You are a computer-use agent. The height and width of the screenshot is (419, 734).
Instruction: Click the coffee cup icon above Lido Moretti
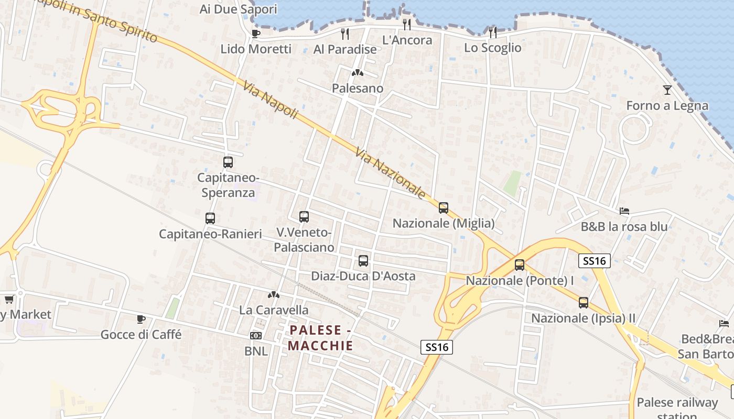pos(255,34)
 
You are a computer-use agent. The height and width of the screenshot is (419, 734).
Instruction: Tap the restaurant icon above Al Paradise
pos(345,34)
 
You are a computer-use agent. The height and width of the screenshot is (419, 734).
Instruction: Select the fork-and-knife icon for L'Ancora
pos(407,24)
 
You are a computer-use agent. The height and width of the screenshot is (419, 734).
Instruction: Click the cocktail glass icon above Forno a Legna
pos(667,90)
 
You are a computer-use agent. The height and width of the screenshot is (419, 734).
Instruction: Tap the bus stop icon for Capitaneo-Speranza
pos(228,162)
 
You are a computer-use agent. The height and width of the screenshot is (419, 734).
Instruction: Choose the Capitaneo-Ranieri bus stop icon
pos(210,218)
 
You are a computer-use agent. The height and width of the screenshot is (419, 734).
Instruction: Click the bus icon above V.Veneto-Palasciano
pos(304,217)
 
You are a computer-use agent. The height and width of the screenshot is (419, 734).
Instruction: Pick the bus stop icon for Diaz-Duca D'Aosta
pos(363,261)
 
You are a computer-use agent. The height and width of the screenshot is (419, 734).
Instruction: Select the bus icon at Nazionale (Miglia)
pos(444,208)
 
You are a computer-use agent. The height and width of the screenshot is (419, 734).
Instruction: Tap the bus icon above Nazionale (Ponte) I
pos(520,265)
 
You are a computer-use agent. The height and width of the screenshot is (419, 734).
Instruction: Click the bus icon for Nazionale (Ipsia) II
pos(584,303)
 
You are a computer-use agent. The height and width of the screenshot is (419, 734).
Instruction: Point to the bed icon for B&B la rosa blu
pos(624,211)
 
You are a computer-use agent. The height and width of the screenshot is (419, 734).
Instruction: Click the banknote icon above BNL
pos(256,335)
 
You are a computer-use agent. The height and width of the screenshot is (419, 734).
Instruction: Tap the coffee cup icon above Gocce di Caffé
pos(141,319)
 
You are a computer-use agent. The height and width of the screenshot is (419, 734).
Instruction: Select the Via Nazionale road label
pos(391,173)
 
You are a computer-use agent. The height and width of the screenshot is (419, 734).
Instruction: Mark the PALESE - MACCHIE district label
pos(320,338)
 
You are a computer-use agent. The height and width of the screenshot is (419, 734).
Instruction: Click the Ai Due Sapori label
pos(238,9)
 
